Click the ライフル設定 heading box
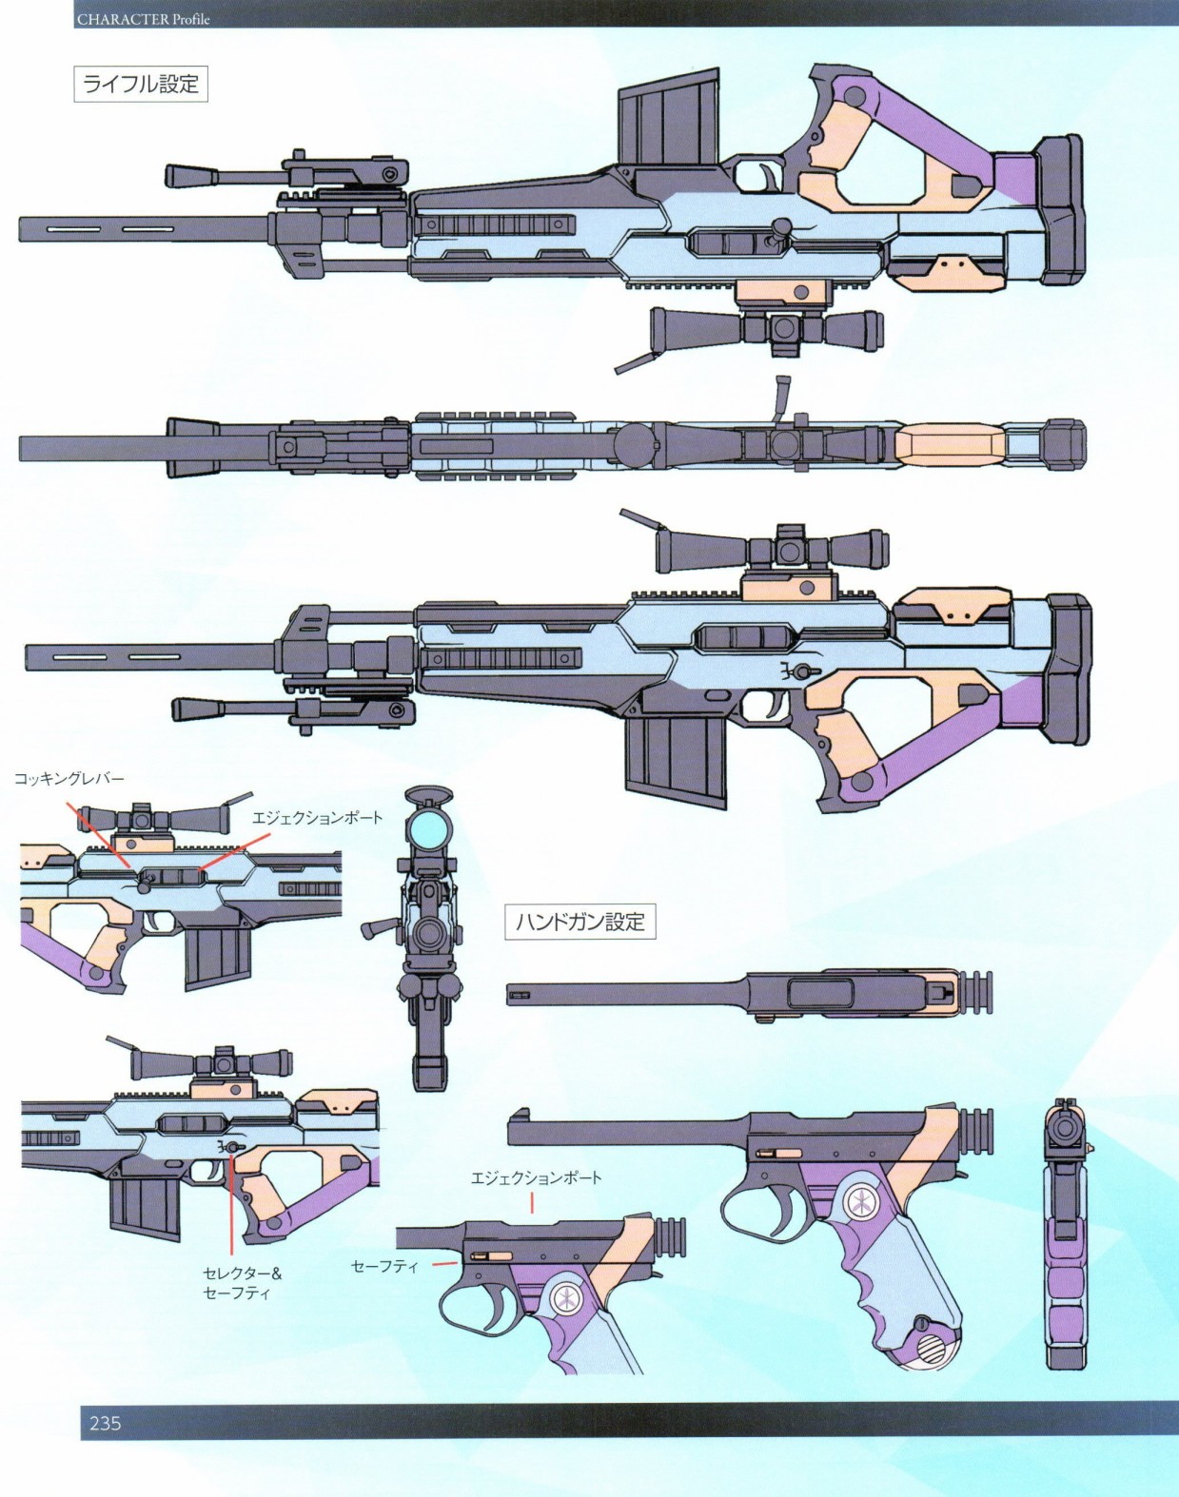pyautogui.click(x=141, y=84)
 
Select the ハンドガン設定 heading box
pyautogui.click(x=580, y=922)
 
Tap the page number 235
pyautogui.click(x=106, y=1423)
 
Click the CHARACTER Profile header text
pyautogui.click(x=144, y=19)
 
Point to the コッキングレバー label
pyautogui.click(x=69, y=779)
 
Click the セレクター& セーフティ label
pyautogui.click(x=242, y=1283)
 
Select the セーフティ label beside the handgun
pyautogui.click(x=384, y=1267)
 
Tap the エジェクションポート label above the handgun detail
pyautogui.click(x=536, y=1177)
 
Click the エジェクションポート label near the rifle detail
pyautogui.click(x=317, y=818)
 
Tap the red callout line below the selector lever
pyautogui.click(x=231, y=1208)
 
